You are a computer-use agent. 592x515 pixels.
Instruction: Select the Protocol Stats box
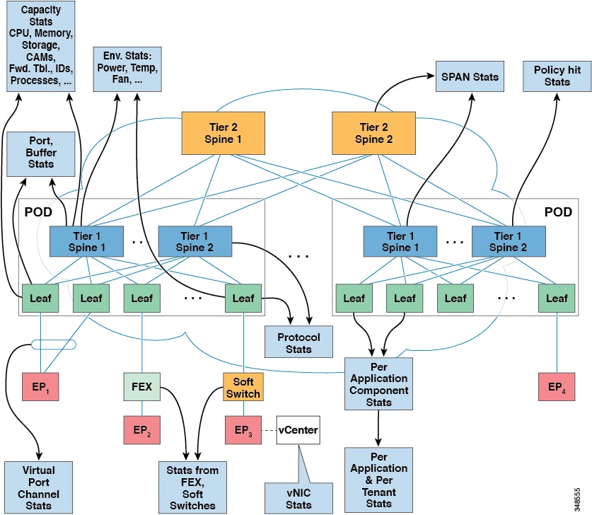pyautogui.click(x=297, y=342)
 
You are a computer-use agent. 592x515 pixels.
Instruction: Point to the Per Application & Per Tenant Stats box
pyautogui.click(x=379, y=479)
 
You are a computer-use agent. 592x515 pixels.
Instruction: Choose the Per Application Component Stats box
pyautogui.click(x=379, y=383)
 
